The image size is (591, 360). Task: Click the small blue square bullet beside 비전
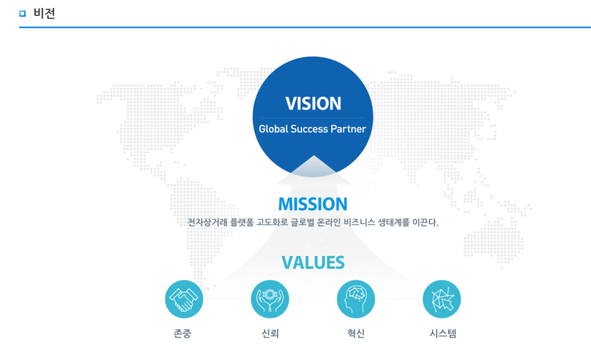pyautogui.click(x=22, y=13)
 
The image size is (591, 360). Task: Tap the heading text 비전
pyautogui.click(x=45, y=13)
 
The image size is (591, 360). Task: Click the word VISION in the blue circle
pyautogui.click(x=313, y=103)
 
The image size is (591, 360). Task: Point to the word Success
pyautogui.click(x=309, y=129)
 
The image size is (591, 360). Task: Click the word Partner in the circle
pyautogui.click(x=348, y=129)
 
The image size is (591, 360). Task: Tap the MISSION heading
pyautogui.click(x=313, y=204)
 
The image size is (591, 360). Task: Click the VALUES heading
pyautogui.click(x=313, y=263)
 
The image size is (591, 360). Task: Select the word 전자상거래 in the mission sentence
pyautogui.click(x=207, y=222)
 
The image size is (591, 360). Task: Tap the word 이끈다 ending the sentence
pyautogui.click(x=425, y=222)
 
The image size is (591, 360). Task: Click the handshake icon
pyautogui.click(x=184, y=299)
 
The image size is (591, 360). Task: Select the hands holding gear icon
pyautogui.click(x=270, y=299)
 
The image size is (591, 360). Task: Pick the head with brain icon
pyautogui.click(x=356, y=299)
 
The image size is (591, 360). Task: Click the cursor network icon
pyautogui.click(x=442, y=299)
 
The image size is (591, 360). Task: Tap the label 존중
pyautogui.click(x=182, y=333)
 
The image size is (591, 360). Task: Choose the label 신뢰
pyautogui.click(x=270, y=333)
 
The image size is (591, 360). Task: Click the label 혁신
pyautogui.click(x=356, y=333)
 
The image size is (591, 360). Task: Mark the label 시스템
pyautogui.click(x=443, y=333)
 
